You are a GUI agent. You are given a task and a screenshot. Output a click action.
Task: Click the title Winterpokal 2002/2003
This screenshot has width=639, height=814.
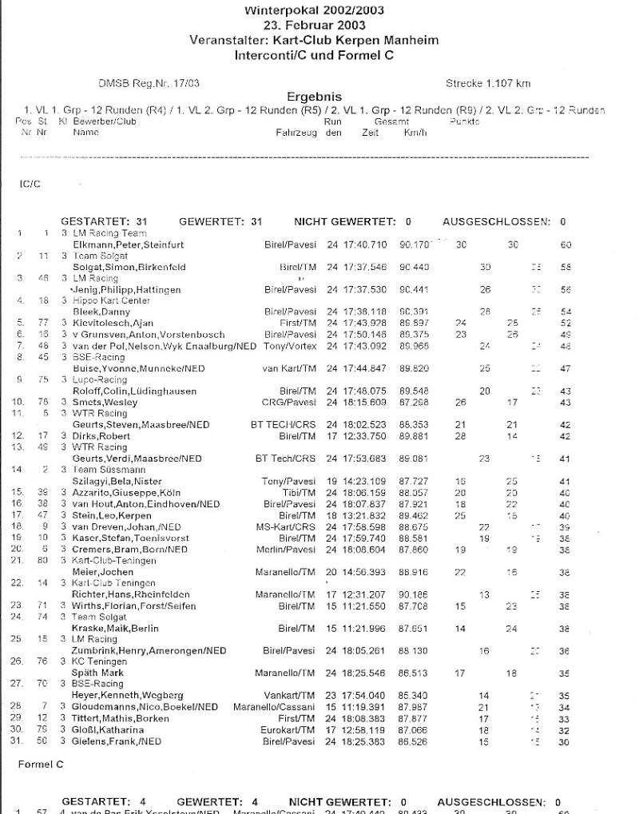click(x=314, y=10)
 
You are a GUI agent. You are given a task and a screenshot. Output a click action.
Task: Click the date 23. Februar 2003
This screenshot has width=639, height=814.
click(x=314, y=25)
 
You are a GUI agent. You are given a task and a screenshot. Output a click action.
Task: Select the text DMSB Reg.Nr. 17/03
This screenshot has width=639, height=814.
click(x=149, y=83)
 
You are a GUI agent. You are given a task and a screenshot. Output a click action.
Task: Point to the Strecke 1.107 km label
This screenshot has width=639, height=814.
click(x=488, y=83)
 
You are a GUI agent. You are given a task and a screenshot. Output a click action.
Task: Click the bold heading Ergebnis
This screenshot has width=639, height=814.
click(x=314, y=97)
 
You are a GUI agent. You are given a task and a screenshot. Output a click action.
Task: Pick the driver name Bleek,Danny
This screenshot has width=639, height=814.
click(x=97, y=312)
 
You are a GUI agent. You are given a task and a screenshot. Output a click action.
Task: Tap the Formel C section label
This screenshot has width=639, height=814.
click(x=41, y=764)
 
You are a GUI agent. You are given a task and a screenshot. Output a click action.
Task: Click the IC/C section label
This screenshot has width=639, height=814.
click(x=30, y=183)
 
